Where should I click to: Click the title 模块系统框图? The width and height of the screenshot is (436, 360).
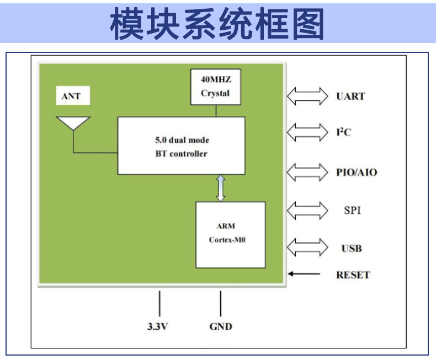point(217,23)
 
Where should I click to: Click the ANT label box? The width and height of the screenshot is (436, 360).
point(73,95)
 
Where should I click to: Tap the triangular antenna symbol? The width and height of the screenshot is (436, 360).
point(73,123)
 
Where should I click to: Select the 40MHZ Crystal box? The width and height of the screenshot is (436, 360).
point(215,87)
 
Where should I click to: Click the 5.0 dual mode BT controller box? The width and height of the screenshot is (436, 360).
point(181,146)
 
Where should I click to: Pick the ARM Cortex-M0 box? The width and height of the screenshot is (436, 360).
point(231,235)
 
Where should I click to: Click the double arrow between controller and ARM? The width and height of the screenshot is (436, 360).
point(221,188)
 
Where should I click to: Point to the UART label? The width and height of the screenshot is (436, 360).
point(350,96)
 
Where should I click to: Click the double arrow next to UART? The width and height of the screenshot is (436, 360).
point(307,96)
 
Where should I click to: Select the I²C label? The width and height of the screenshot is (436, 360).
point(344,132)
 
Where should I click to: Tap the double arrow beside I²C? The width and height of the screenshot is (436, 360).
point(307,132)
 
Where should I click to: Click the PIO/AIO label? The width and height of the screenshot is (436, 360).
point(357,173)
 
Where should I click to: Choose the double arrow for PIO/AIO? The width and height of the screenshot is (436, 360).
point(307,172)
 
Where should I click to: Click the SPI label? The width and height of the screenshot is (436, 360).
point(352,210)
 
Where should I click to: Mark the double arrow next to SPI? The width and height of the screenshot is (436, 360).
point(307,211)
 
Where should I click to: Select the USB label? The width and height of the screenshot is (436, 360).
point(352,248)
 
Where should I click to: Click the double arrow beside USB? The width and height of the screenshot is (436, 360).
point(307,248)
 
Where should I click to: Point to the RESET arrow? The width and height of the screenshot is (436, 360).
point(304,274)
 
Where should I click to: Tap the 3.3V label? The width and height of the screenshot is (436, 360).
point(157,327)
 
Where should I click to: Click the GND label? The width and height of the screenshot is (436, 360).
point(221,327)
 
